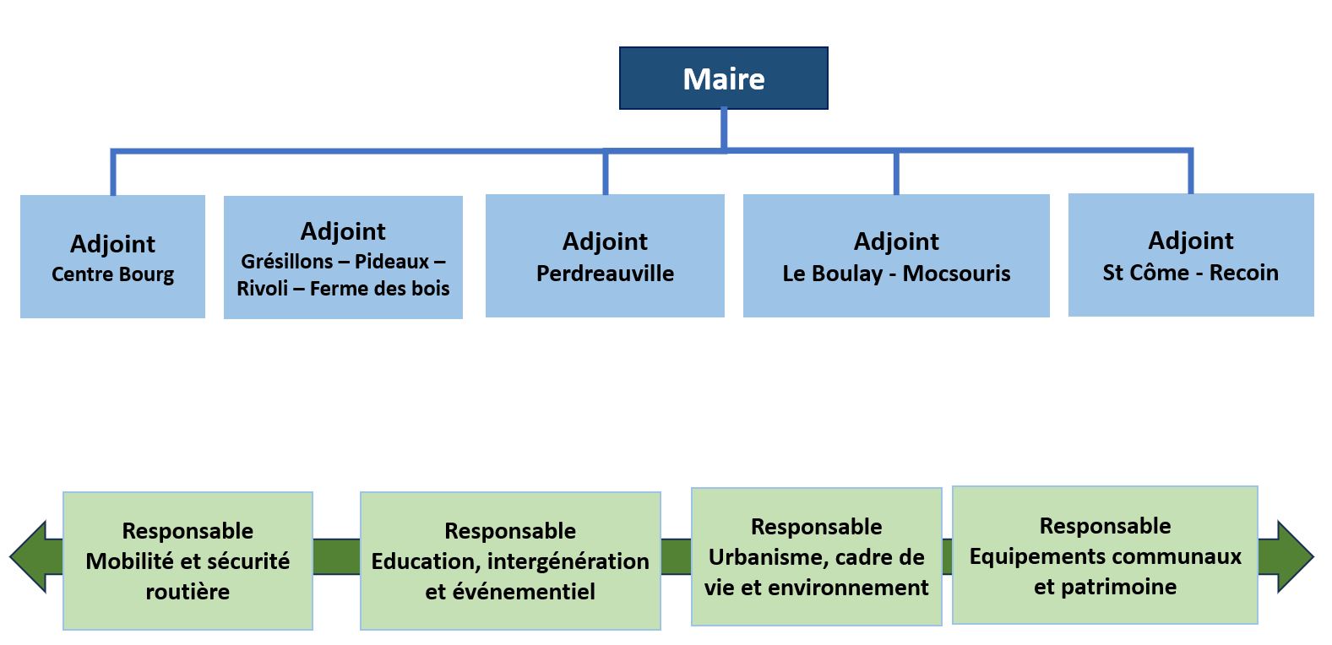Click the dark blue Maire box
tap(723, 79)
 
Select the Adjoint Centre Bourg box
tap(112, 257)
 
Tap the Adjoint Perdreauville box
tap(605, 256)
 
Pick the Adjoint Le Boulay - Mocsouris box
tap(896, 256)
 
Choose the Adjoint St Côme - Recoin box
tap(1190, 255)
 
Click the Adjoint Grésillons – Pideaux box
tap(343, 257)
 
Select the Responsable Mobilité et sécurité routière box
tap(188, 561)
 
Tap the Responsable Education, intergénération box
tap(510, 561)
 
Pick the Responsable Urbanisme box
tap(816, 556)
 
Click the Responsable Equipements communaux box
tap(1105, 555)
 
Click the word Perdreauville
tap(605, 274)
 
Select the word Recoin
tap(1243, 273)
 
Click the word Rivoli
tap(262, 289)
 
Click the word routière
tap(188, 592)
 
